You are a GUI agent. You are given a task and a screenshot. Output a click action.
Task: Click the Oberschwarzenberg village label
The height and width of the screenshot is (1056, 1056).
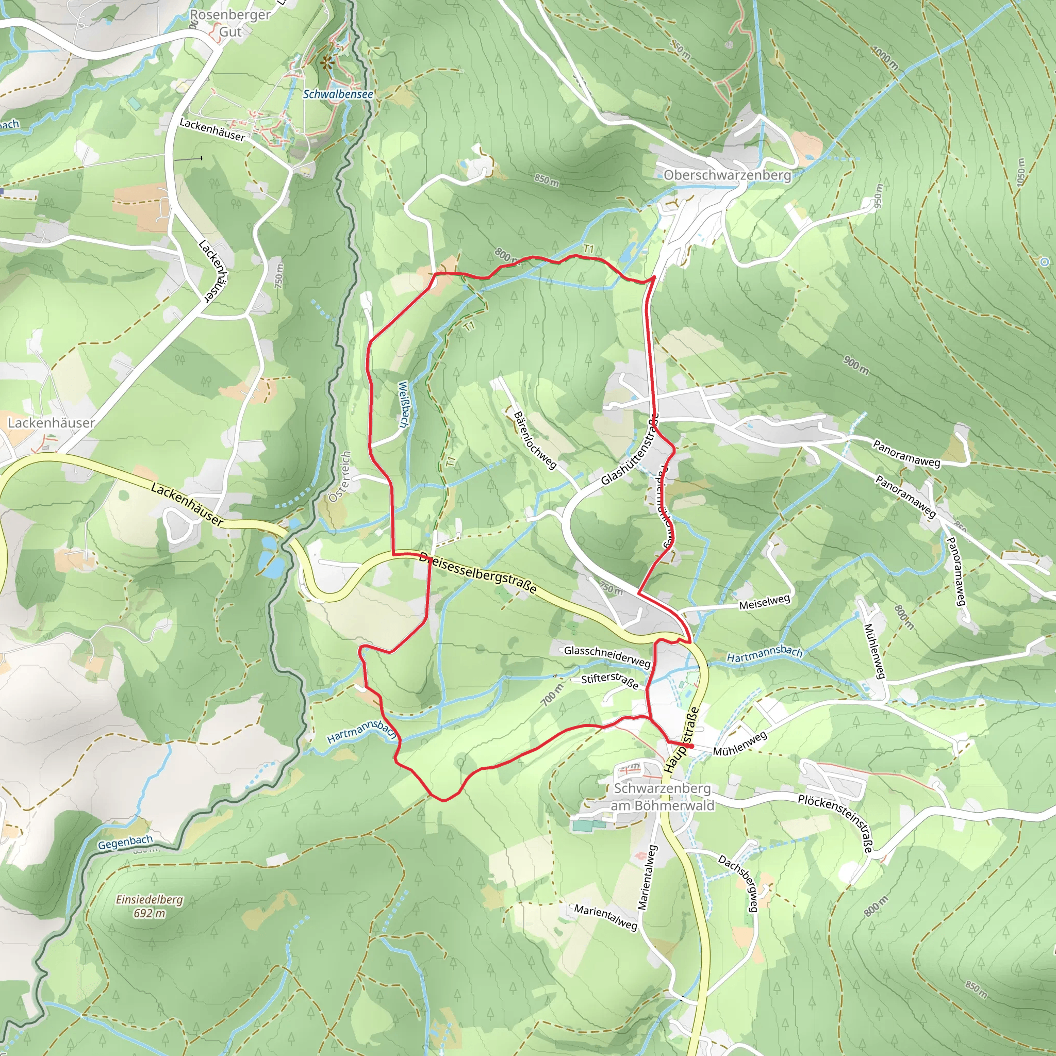(727, 175)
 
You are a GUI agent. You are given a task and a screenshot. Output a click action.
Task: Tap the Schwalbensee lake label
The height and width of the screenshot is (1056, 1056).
(338, 94)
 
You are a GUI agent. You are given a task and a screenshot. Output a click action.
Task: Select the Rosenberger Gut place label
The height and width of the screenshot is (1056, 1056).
(230, 23)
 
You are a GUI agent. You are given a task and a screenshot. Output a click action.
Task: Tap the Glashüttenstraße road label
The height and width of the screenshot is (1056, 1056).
(630, 449)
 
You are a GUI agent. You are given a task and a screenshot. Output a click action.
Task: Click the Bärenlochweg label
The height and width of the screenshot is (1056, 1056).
(535, 440)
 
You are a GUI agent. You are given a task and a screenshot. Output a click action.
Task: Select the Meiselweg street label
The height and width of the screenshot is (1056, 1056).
(764, 602)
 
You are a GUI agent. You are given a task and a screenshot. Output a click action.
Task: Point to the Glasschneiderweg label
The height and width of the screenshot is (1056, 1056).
(607, 656)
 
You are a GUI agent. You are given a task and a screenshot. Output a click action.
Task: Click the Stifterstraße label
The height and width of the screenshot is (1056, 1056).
(609, 681)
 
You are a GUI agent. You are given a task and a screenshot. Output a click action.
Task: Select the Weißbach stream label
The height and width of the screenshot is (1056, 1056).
(404, 404)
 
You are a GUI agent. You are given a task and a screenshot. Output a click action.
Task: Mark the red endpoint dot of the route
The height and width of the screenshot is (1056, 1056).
(691, 746)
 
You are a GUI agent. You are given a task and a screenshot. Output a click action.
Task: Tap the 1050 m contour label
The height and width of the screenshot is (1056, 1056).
(1020, 172)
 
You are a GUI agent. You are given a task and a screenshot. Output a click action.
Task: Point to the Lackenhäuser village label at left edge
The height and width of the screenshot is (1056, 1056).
(51, 423)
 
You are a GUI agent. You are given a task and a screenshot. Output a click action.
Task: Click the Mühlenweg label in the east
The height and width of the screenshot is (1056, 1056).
(874, 650)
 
